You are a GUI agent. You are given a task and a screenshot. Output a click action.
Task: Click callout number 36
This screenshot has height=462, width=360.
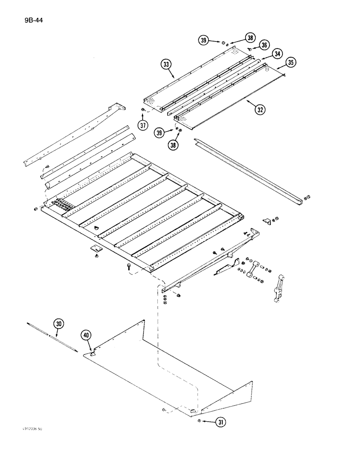[264, 45]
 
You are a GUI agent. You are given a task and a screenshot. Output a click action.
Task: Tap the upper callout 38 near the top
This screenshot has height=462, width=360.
[250, 38]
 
